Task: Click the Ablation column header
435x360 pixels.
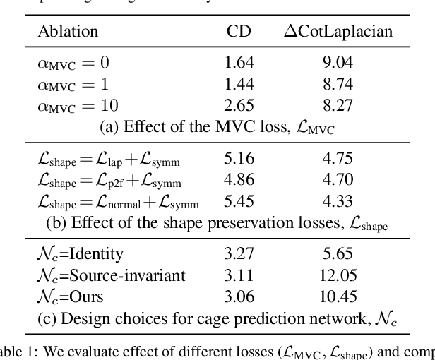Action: [x=68, y=32]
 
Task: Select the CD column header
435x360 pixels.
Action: [x=237, y=32]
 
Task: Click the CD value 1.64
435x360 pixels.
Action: [x=237, y=63]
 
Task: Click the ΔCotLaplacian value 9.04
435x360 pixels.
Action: [x=338, y=63]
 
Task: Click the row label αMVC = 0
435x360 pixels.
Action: [x=73, y=63]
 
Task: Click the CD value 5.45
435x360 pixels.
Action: [x=237, y=202]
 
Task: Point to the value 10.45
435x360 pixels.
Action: [x=338, y=297]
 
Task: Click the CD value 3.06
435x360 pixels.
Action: [x=237, y=297]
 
